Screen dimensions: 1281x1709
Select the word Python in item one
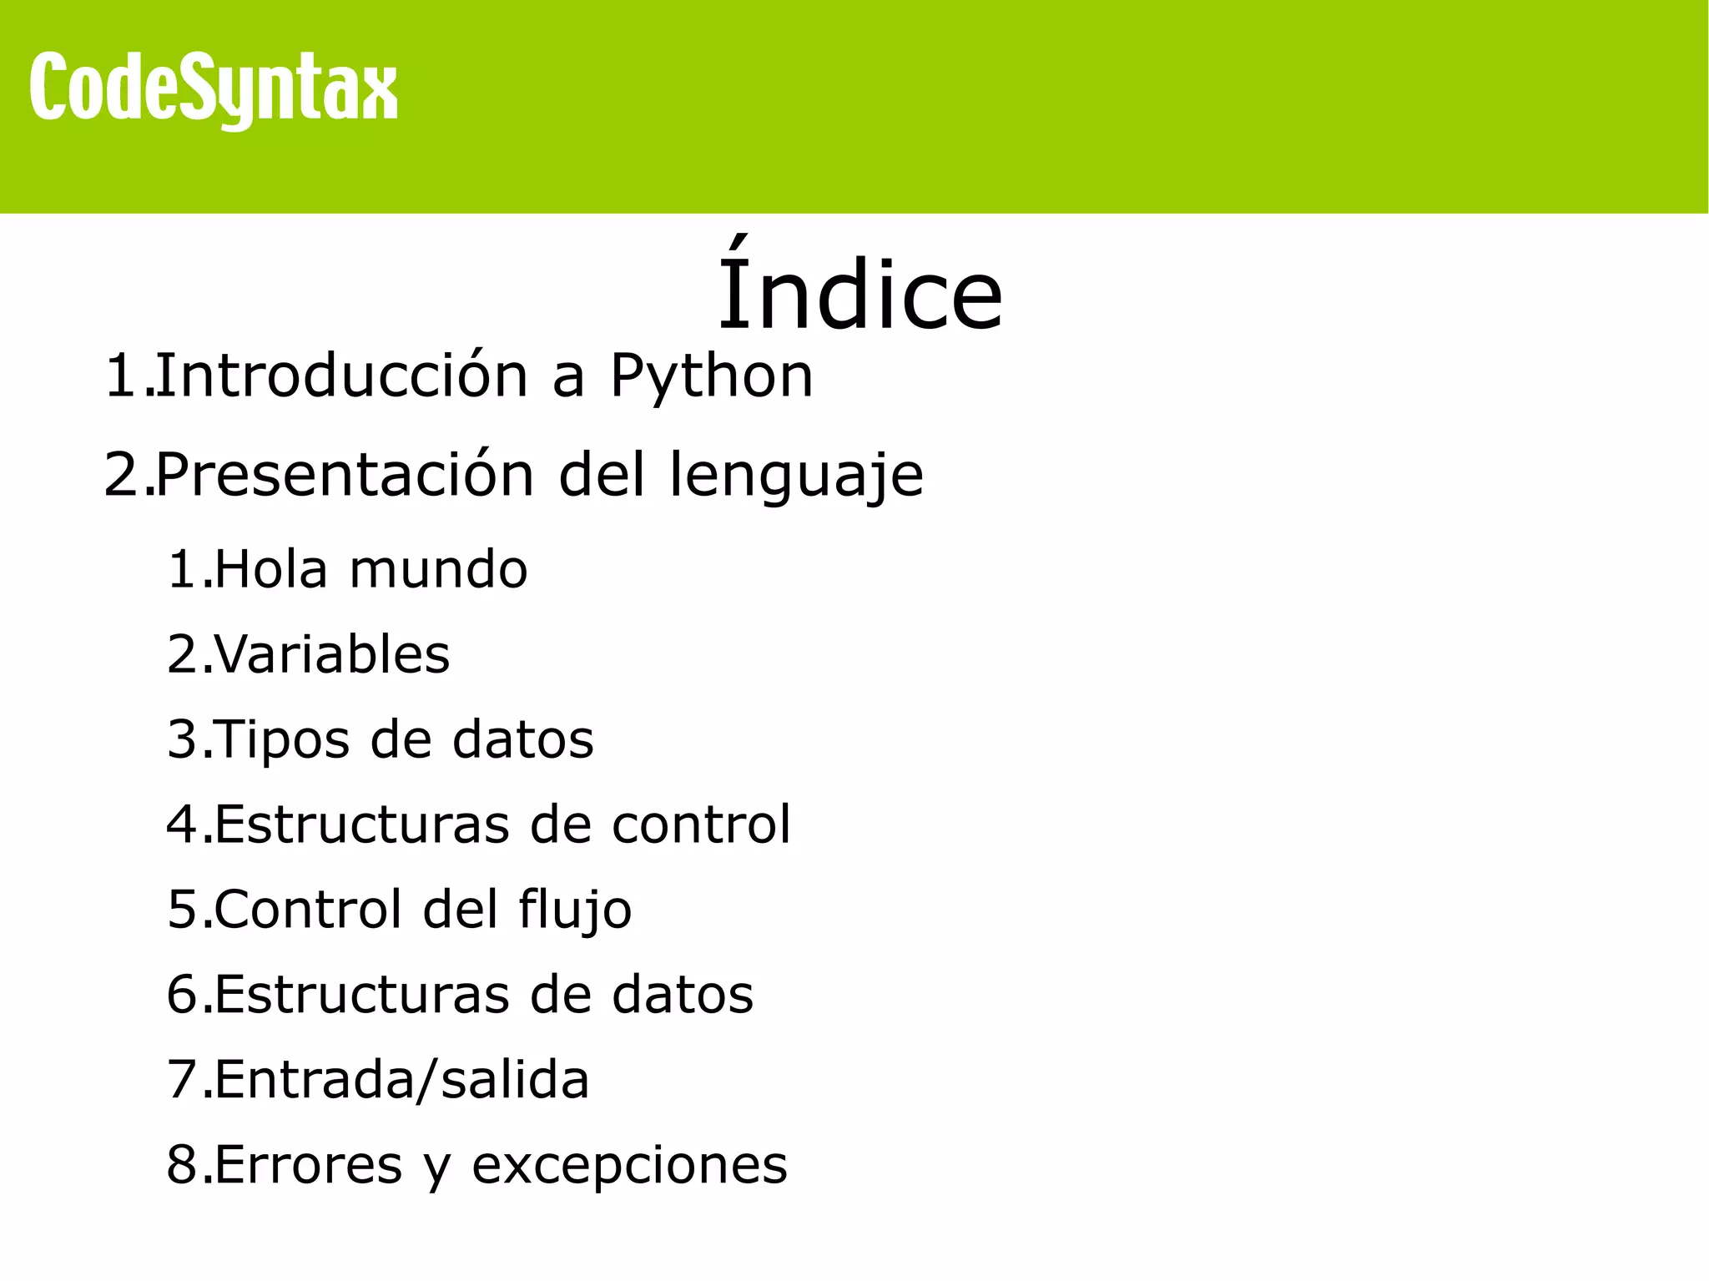[711, 376]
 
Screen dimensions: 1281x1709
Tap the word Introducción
[342, 376]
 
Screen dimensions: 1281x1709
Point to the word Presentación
[344, 475]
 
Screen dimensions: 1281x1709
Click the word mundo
[438, 570]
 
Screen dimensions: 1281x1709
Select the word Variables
[332, 654]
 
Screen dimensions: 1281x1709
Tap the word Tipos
[282, 741]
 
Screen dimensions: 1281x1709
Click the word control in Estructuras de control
[701, 825]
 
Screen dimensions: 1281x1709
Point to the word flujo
[575, 911]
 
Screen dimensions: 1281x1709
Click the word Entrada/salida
[401, 1080]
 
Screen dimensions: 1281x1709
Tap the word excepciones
[629, 1167]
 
